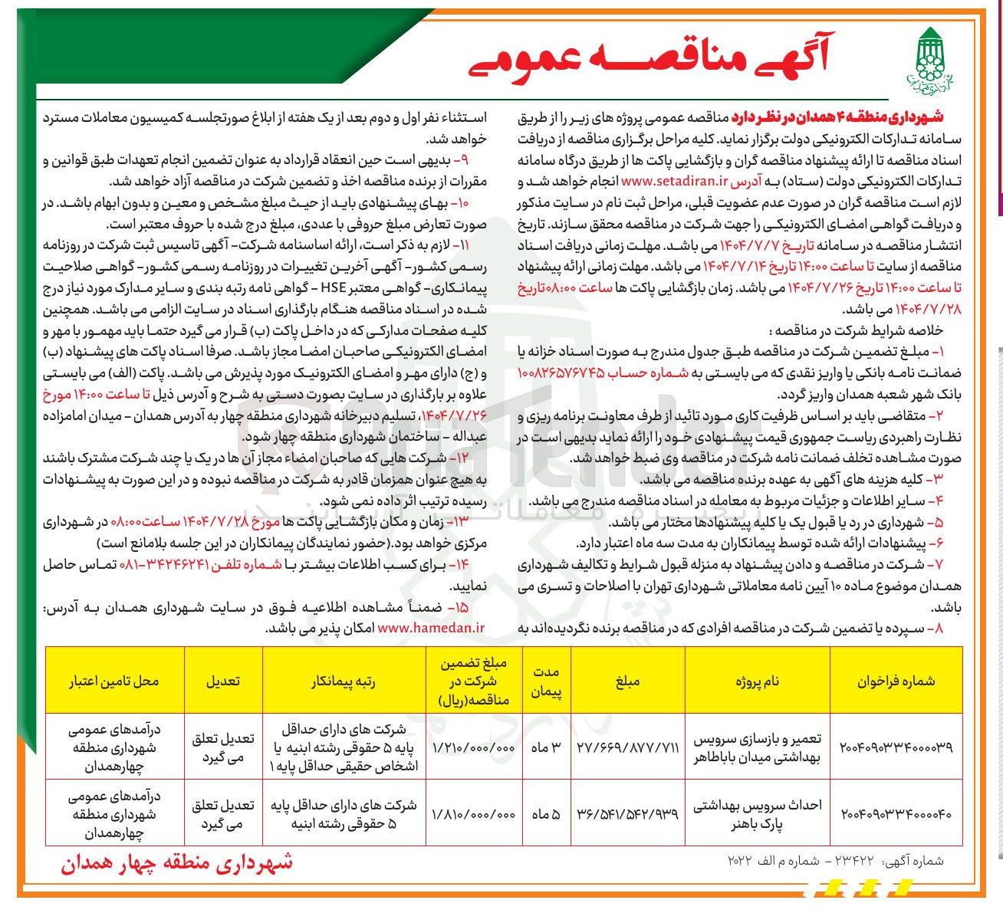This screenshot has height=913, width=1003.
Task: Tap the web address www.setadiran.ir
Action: [675, 181]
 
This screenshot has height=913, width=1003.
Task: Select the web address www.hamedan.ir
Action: [432, 627]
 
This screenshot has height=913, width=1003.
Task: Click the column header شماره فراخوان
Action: [896, 681]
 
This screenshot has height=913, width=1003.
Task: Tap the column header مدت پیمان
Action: [546, 681]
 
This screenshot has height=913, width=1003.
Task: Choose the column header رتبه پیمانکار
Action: [344, 681]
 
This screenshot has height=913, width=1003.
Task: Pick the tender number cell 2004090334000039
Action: [896, 747]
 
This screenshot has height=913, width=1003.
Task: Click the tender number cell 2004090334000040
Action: [896, 813]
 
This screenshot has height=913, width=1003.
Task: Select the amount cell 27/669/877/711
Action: [627, 747]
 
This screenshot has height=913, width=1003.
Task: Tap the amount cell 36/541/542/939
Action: [627, 813]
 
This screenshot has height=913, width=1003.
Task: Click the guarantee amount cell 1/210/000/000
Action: [474, 747]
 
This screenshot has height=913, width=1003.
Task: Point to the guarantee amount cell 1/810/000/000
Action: [474, 813]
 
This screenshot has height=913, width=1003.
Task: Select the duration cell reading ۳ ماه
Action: [546, 747]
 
